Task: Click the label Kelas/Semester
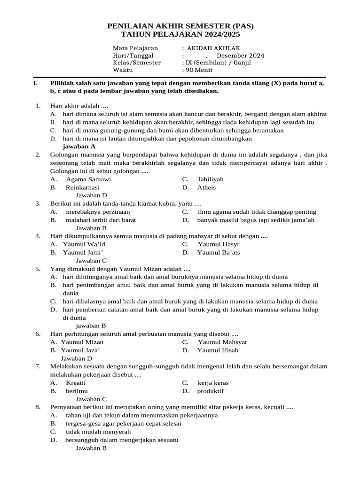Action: (137, 62)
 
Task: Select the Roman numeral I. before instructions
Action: (35, 83)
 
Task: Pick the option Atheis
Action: (206, 187)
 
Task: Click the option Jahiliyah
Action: (210, 179)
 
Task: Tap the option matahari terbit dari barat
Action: (101, 220)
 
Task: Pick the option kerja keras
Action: (213, 383)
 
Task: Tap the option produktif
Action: (210, 391)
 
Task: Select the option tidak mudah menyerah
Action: (98, 432)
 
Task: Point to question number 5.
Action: (38, 269)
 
